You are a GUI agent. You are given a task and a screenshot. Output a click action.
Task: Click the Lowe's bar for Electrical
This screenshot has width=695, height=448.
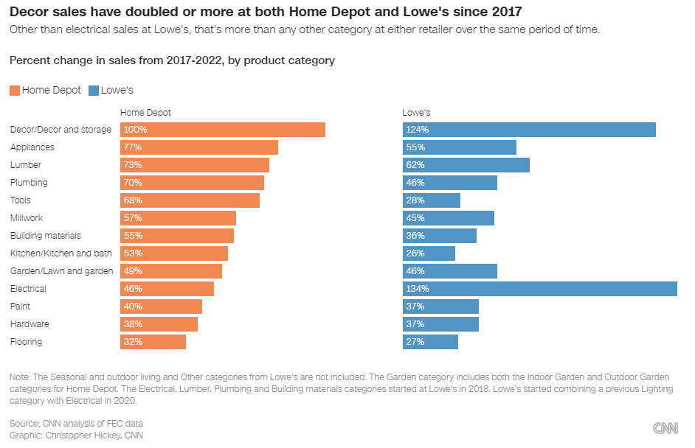[539, 289]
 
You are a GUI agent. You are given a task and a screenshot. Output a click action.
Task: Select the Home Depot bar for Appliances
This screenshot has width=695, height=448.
[199, 147]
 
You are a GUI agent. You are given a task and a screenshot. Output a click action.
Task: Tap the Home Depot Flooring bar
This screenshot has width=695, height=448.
[153, 342]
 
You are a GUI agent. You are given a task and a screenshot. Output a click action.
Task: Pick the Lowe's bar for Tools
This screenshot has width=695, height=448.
[432, 200]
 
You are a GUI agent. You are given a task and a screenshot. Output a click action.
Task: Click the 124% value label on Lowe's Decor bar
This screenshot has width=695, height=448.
[417, 130]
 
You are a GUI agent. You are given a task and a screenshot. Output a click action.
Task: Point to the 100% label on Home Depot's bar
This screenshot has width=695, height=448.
[135, 130]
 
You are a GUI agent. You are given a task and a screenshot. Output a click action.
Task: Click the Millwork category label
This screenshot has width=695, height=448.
[27, 218]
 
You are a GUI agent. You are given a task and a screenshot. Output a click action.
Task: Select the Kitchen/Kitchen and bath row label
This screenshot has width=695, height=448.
[60, 253]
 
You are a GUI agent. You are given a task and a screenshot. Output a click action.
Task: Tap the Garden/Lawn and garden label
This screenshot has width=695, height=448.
[61, 271]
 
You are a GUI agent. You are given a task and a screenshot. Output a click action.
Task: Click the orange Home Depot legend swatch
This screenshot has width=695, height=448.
[15, 91]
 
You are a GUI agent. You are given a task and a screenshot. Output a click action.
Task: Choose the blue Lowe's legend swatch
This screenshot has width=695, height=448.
[93, 91]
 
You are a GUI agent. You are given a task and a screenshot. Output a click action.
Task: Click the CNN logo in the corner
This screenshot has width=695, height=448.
[666, 428]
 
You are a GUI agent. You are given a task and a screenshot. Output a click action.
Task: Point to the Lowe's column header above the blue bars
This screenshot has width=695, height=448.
[416, 113]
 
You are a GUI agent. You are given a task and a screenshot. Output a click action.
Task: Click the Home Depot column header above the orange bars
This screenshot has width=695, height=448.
[145, 113]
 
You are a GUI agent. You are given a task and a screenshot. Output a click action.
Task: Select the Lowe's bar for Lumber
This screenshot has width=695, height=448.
[466, 165]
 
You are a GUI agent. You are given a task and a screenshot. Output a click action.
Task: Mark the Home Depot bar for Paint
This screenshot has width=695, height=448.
[161, 307]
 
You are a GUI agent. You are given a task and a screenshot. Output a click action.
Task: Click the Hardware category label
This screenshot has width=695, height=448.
[30, 324]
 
